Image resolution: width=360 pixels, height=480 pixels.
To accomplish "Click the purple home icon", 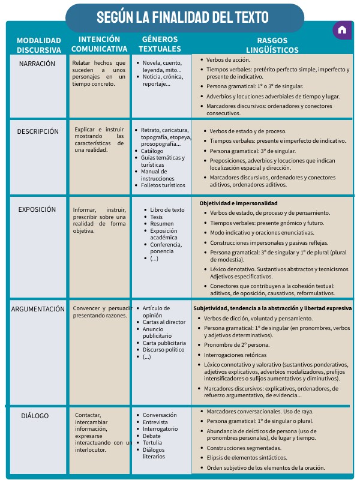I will tap(342, 30).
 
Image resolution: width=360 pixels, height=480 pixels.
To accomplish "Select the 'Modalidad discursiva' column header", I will tap(39, 45).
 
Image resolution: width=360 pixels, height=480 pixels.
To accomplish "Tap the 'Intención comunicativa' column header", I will tap(99, 44).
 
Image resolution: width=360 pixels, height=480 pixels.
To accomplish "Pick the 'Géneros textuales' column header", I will tap(160, 44).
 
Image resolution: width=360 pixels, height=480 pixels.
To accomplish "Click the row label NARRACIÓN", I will tap(37, 64).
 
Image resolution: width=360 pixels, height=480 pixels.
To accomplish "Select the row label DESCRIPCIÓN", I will tap(38, 131).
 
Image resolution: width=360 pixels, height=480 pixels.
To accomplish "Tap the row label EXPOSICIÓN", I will tap(37, 209).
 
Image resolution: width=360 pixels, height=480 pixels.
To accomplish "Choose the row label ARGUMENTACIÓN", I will tap(38, 309).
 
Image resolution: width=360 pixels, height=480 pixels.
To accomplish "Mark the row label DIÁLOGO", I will tap(35, 416).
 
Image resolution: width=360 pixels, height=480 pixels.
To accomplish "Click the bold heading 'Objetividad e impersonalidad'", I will tap(239, 203).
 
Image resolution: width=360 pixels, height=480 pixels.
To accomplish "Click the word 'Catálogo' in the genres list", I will tap(152, 151).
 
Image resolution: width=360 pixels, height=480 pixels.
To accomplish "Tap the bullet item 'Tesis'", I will tap(157, 217).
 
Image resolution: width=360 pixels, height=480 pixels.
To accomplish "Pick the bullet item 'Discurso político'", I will tap(164, 350).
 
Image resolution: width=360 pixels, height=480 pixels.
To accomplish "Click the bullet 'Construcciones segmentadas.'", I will tap(244, 448).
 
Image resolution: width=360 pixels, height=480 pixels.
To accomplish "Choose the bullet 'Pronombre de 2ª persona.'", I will tap(237, 345).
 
